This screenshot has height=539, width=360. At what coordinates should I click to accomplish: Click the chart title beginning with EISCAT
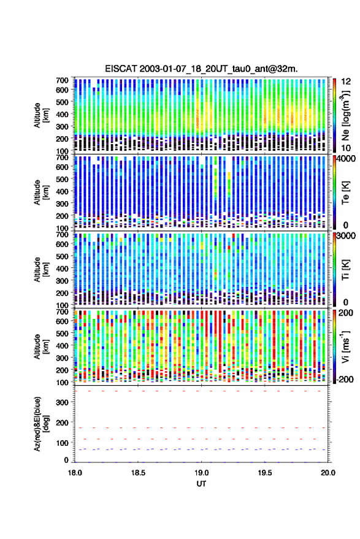[x=202, y=69]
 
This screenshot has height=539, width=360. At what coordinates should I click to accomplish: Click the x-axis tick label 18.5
[x=138, y=473]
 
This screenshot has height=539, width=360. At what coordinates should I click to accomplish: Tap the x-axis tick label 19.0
[x=201, y=473]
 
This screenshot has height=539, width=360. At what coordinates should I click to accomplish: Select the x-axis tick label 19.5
[x=265, y=473]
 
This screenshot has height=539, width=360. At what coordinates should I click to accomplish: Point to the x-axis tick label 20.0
[x=328, y=473]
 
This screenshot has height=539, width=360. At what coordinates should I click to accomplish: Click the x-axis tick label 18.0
[x=75, y=473]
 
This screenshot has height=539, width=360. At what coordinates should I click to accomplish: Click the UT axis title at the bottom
[x=201, y=484]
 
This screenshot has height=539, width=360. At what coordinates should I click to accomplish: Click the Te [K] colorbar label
[x=345, y=193]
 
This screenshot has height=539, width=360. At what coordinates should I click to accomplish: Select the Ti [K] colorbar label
[x=345, y=270]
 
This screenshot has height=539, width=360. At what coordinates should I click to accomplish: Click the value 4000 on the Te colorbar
[x=347, y=159]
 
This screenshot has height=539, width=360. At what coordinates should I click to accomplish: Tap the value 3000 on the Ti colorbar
[x=347, y=236]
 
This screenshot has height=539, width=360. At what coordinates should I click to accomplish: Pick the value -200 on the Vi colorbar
[x=345, y=380]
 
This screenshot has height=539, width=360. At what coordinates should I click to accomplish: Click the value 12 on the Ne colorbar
[x=347, y=82]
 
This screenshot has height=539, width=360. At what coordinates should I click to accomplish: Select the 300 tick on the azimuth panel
[x=62, y=402]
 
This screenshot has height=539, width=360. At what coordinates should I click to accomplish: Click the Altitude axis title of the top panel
[x=40, y=115]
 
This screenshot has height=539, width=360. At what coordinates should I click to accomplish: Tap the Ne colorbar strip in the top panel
[x=335, y=115]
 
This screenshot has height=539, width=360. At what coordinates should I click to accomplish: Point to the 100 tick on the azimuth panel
[x=62, y=443]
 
